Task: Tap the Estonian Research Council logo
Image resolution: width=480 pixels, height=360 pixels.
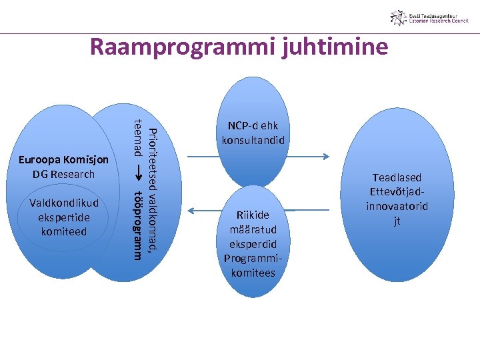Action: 429,18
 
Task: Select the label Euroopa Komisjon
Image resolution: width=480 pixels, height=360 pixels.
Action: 63,160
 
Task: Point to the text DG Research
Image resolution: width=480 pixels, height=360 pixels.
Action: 63,174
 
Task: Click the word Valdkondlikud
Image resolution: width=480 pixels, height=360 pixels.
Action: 63,203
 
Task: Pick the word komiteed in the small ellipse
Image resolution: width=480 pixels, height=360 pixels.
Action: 63,231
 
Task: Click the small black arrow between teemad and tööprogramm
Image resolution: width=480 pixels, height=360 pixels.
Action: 138,172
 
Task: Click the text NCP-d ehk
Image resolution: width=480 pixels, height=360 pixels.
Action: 253,126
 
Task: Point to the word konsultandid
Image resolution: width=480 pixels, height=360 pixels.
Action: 253,140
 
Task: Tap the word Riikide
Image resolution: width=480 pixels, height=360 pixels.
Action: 253,215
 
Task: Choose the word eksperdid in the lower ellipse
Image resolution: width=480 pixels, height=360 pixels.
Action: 253,244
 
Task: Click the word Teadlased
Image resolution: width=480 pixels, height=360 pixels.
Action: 397,178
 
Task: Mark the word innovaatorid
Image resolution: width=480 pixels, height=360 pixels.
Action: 397,207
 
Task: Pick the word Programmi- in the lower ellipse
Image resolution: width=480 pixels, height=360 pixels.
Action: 253,259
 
